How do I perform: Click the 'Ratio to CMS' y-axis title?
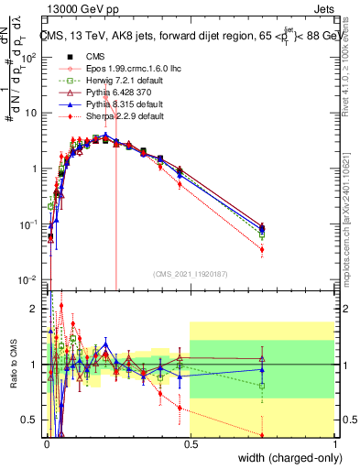click(x=12, y=368)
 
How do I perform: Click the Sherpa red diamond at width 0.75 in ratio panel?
click(x=262, y=435)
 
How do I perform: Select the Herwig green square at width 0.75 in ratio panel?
click(x=262, y=386)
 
